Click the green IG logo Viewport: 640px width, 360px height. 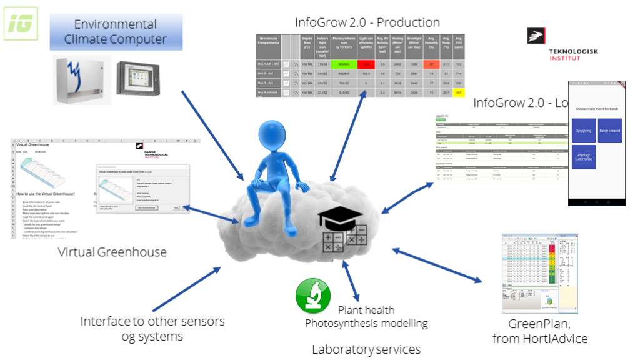point(21,24)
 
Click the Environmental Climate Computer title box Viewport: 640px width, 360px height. point(116,32)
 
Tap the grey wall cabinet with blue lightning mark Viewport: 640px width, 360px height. point(82,80)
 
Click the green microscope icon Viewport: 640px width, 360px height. point(313,295)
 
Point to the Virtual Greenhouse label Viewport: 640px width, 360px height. point(112,252)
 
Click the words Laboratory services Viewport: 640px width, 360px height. point(366,349)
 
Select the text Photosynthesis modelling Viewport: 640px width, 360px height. point(366,323)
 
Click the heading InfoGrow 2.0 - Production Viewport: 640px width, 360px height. point(367,22)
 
